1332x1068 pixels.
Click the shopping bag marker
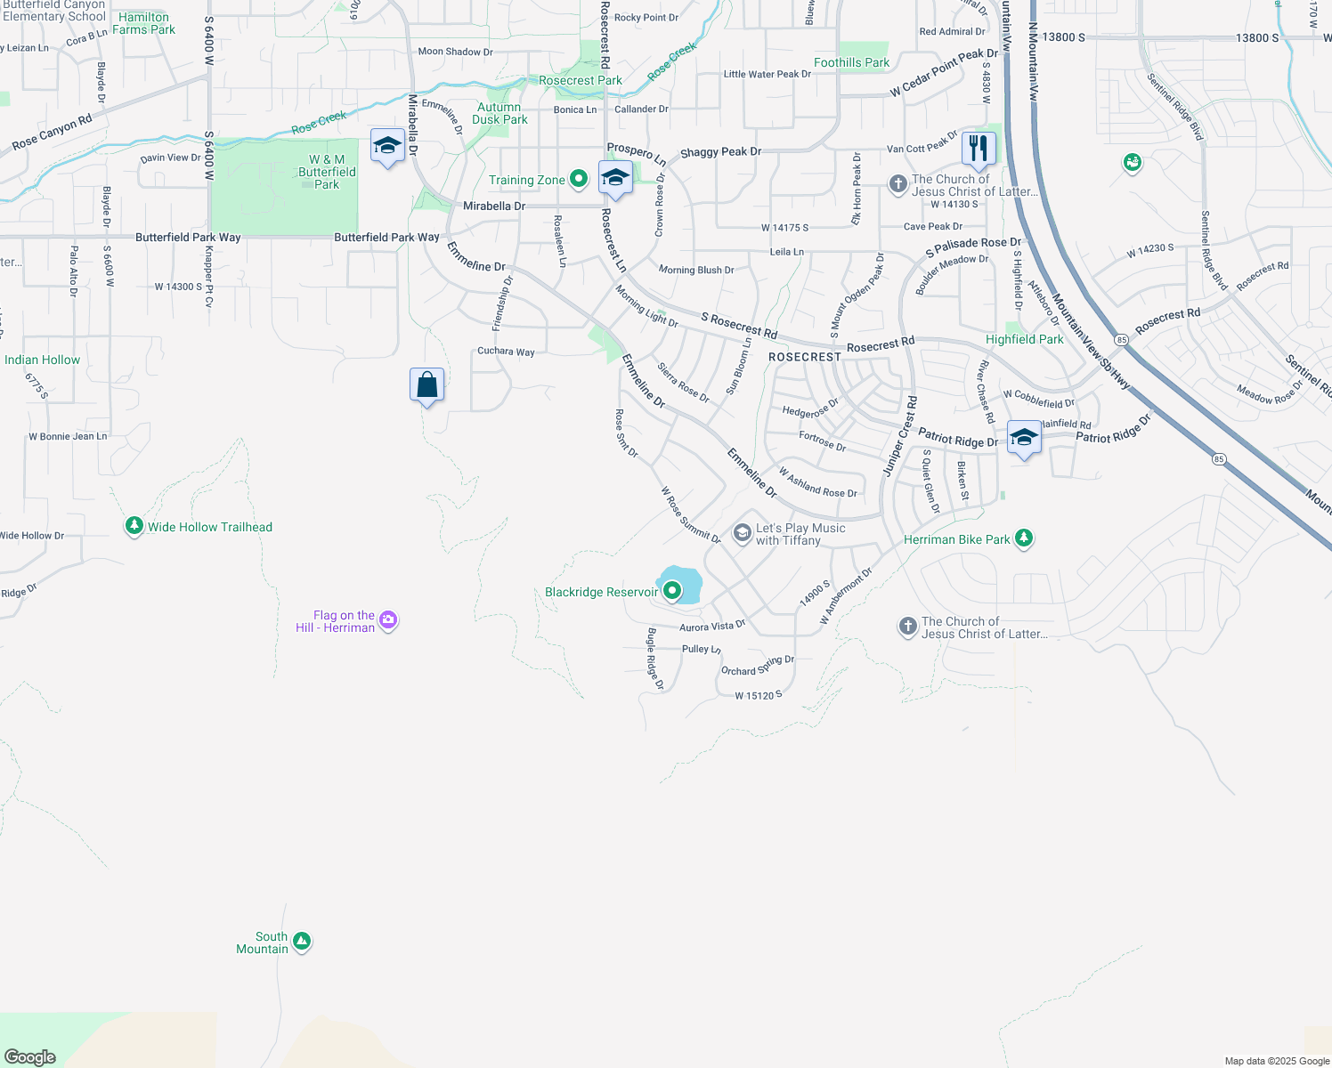click(427, 384)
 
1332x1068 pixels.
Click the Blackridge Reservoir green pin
click(672, 590)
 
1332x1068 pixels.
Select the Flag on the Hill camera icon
click(387, 619)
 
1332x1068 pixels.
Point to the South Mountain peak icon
click(302, 941)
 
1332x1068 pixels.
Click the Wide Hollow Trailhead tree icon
click(134, 526)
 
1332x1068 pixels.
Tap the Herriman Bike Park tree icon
click(1024, 538)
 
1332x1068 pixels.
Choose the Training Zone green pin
click(579, 179)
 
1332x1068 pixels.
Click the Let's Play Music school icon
click(742, 533)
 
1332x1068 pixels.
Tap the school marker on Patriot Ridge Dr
click(1024, 437)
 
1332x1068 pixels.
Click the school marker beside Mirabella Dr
click(387, 145)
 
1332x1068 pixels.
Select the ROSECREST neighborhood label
click(804, 357)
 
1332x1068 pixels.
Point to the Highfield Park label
click(1024, 339)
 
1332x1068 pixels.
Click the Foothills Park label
click(851, 62)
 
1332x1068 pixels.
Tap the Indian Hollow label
click(42, 360)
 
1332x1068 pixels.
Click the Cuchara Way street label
click(506, 351)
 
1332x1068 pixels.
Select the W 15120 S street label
click(759, 695)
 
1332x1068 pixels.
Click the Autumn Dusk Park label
click(499, 113)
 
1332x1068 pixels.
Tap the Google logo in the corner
click(30, 1056)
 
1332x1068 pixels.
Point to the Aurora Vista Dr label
click(711, 626)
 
